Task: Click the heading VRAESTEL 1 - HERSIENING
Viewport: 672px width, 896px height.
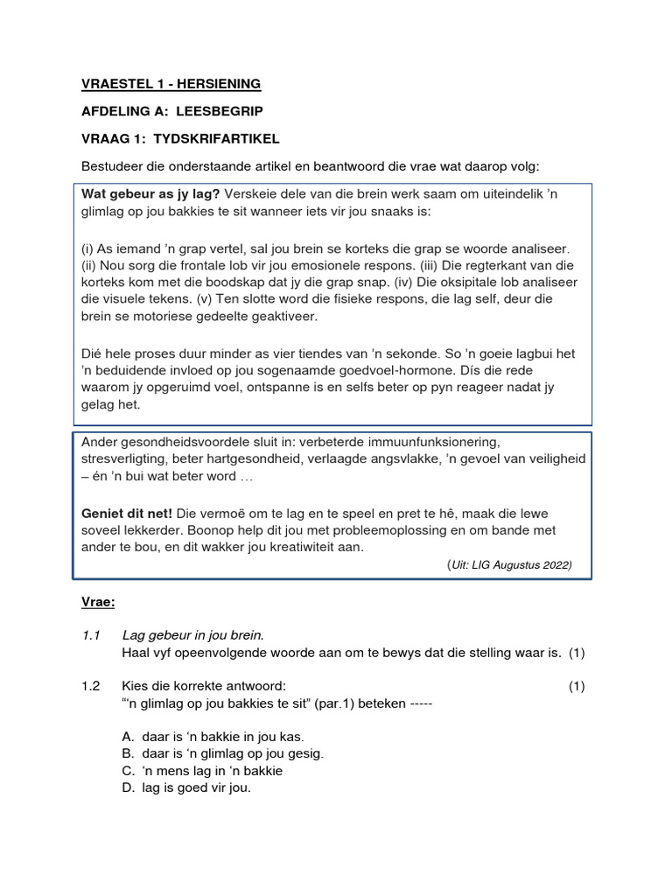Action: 171,84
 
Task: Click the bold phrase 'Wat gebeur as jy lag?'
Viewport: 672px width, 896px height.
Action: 150,194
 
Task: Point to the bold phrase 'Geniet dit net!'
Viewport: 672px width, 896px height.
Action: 127,514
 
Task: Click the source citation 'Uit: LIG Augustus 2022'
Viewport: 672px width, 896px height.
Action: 510,564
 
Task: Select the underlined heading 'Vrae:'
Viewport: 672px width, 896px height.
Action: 98,603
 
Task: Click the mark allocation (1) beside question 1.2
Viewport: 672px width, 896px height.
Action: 577,686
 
